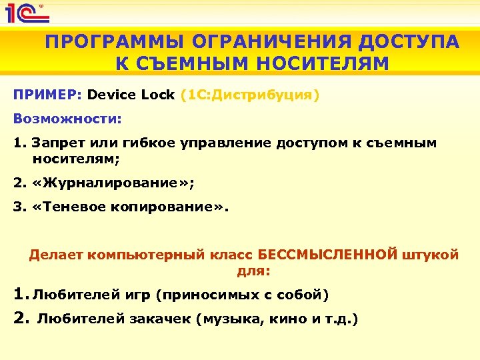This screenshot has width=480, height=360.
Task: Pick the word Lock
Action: [158, 95]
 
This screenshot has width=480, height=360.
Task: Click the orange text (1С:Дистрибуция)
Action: [251, 95]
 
